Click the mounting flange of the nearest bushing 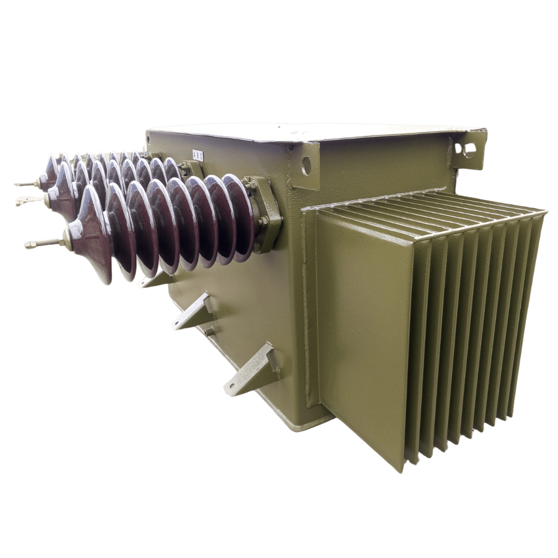pyautogui.click(x=267, y=214)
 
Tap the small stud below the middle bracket pyautogui.click(x=209, y=331)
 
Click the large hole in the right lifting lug pyautogui.click(x=469, y=150)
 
